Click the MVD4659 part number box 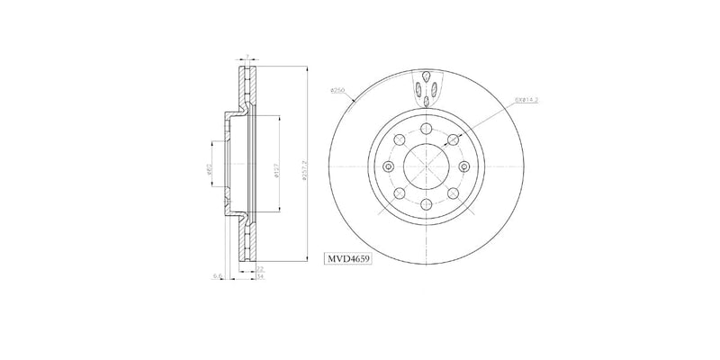[x=348, y=257]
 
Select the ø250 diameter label [x=338, y=91]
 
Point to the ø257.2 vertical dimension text [x=307, y=167]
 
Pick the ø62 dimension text [x=209, y=167]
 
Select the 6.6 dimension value [x=218, y=277]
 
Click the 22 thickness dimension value [x=259, y=269]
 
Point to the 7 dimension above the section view [x=246, y=57]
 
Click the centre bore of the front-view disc [x=427, y=167]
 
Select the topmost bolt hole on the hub [x=427, y=129]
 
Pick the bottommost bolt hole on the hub [x=427, y=206]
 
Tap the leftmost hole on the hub [x=389, y=167]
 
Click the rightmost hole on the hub [x=465, y=167]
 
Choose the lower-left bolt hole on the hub [x=399, y=195]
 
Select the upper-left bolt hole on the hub [x=399, y=139]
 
